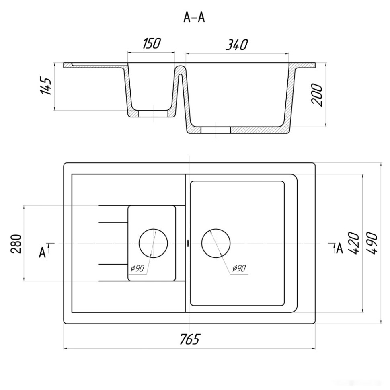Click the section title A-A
194,17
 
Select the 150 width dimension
152,43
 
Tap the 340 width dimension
236,45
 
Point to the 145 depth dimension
46,86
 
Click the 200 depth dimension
317,95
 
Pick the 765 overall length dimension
189,339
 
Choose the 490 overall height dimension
372,243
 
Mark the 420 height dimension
354,243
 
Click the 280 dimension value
16,244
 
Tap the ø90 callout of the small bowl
138,268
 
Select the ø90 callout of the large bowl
239,268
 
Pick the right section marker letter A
339,248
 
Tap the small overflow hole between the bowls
187,243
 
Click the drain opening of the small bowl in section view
153,113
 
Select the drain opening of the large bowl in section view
216,130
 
